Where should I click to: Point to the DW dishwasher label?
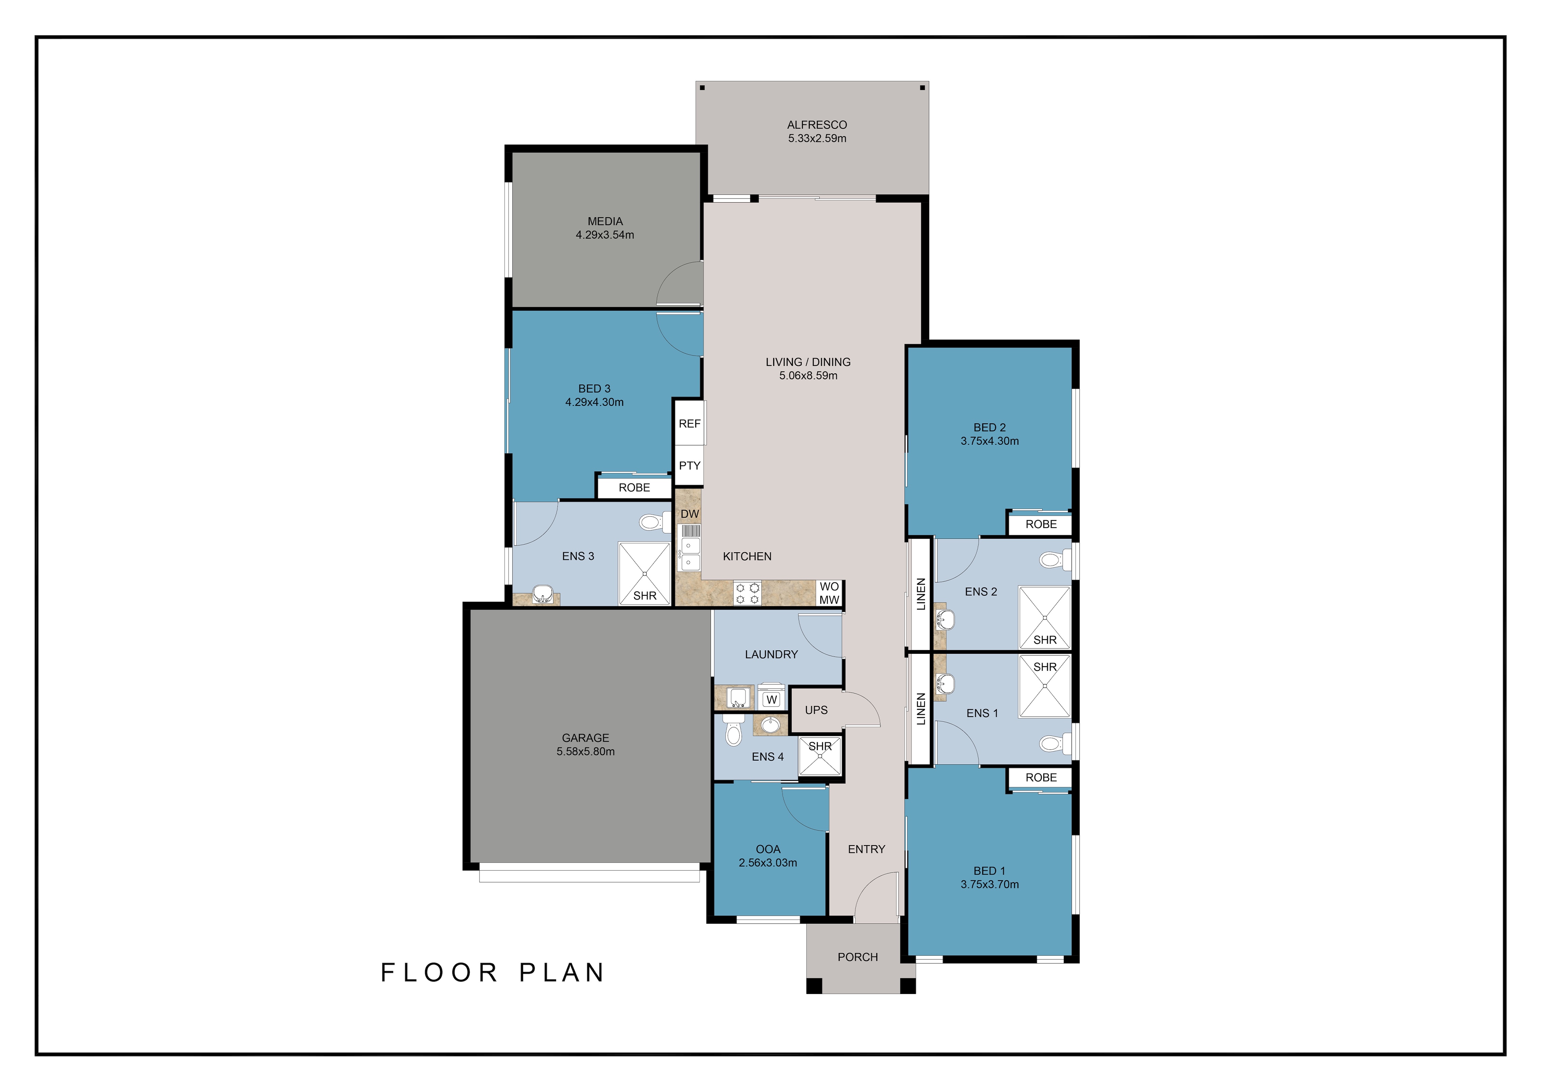(x=690, y=514)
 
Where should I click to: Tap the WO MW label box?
(x=830, y=593)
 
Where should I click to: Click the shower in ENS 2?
(x=1044, y=617)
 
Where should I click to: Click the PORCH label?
(x=858, y=957)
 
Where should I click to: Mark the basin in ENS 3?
(x=542, y=594)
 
